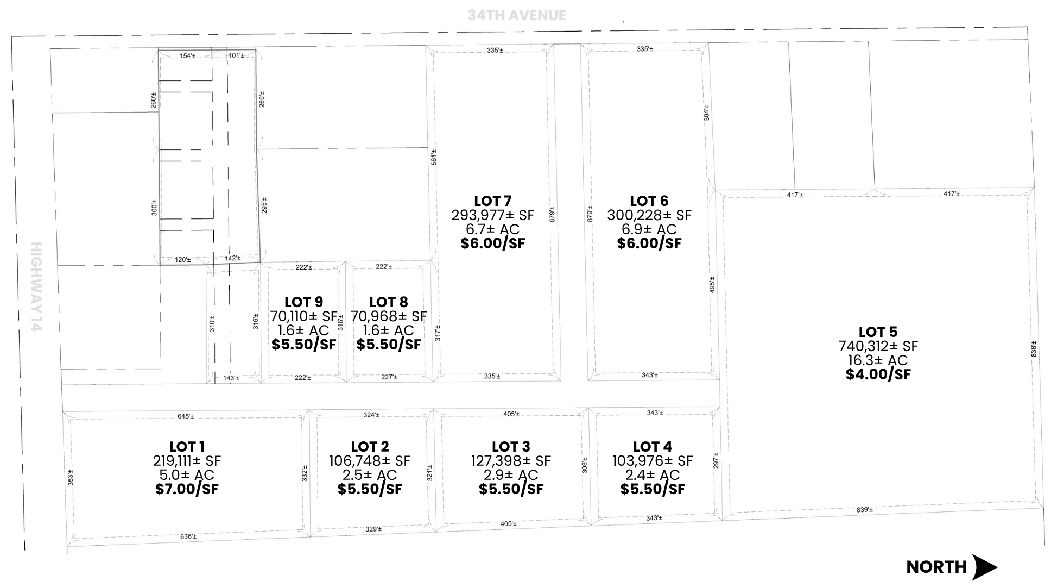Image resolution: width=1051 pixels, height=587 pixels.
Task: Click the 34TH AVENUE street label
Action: click(x=517, y=15)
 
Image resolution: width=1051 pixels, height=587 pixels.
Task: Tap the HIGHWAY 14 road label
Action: click(x=36, y=287)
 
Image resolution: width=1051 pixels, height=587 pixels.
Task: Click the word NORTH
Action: click(x=936, y=567)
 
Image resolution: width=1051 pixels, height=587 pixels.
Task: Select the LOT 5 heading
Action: click(x=878, y=332)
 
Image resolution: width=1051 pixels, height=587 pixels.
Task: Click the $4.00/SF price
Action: click(x=878, y=374)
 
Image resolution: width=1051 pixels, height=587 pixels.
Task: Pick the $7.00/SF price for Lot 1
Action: click(x=187, y=489)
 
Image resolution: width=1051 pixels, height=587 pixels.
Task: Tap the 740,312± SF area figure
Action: click(x=878, y=346)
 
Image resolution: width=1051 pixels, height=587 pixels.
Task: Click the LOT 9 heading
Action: click(x=303, y=302)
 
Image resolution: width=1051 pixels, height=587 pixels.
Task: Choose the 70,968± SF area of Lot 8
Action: click(x=389, y=316)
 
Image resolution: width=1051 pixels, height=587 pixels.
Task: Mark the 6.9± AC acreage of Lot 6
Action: click(x=649, y=229)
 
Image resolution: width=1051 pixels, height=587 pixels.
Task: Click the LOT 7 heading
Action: click(x=493, y=201)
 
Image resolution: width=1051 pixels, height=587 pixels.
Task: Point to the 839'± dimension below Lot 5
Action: click(x=865, y=510)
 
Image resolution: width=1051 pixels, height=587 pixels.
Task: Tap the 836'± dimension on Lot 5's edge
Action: click(x=1034, y=349)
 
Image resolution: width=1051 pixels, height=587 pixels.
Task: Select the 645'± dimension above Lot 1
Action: click(x=186, y=416)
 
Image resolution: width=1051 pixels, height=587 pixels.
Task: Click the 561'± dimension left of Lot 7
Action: click(x=433, y=157)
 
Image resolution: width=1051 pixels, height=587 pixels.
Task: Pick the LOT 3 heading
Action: click(x=511, y=447)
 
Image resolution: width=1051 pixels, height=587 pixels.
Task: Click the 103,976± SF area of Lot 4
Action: click(x=653, y=461)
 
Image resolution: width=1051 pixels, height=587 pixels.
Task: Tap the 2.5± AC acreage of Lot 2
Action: click(x=370, y=475)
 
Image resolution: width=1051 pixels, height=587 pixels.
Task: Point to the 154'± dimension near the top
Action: click(x=187, y=56)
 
